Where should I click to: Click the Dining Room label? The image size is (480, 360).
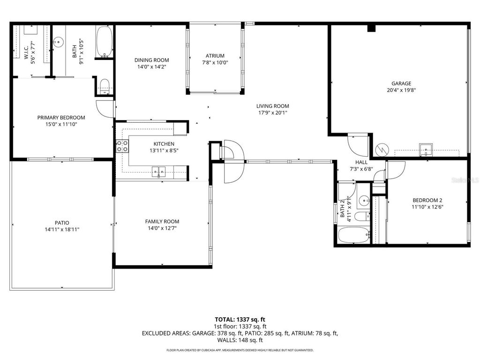[x=151, y=60]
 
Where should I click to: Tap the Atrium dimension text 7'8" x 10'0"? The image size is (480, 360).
[x=215, y=62]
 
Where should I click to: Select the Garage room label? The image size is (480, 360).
[x=402, y=83]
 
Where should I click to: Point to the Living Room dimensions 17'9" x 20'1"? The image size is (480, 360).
[x=272, y=112]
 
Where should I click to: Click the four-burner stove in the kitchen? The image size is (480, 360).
[x=123, y=146]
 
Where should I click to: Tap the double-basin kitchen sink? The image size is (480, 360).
[x=159, y=171]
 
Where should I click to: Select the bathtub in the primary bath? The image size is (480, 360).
[x=105, y=42]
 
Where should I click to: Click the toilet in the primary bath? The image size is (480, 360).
[x=105, y=86]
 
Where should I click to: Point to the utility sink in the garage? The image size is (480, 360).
[x=426, y=149]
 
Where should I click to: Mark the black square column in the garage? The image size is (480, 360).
[x=372, y=28]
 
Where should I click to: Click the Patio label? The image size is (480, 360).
[x=62, y=223]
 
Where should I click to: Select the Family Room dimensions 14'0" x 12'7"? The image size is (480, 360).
[x=162, y=228]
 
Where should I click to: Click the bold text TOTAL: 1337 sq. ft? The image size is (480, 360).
[x=240, y=319]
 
